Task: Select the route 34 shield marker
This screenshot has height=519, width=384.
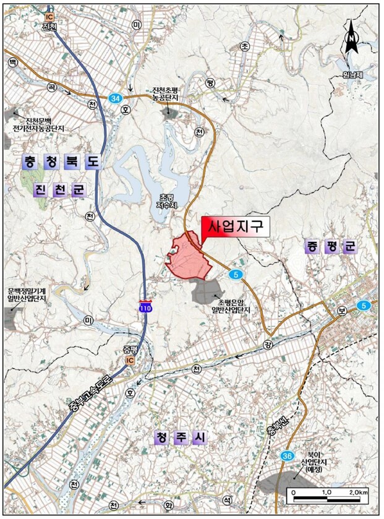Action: [115, 98]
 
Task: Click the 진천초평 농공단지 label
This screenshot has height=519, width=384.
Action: [169, 95]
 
